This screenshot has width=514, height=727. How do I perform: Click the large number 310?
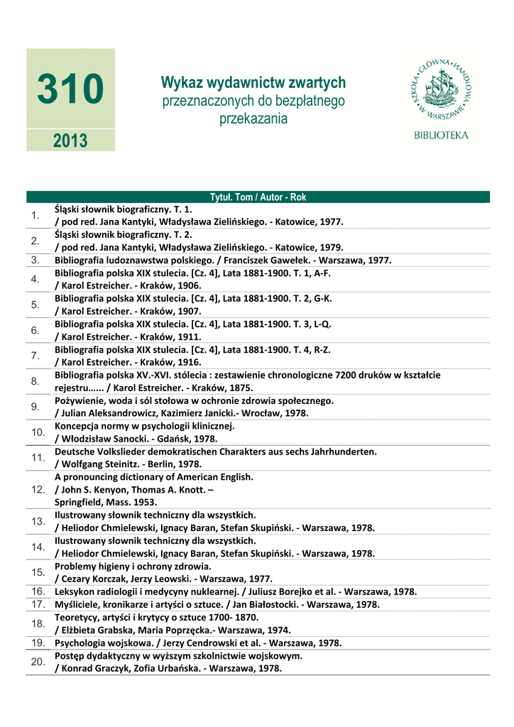point(70,90)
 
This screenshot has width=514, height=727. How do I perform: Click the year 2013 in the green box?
point(70,140)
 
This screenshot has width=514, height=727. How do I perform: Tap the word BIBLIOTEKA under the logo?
point(441,134)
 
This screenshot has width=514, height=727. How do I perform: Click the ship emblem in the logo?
point(441,89)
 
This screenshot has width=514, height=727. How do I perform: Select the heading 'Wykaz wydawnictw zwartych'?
point(253,83)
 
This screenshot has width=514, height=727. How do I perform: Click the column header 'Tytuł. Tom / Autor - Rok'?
point(258,197)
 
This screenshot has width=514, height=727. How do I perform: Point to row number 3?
point(35,261)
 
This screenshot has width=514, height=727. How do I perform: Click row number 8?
point(35,381)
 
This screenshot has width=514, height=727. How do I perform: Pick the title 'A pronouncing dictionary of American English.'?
point(153,477)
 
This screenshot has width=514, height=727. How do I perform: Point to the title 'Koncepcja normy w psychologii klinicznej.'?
point(144,426)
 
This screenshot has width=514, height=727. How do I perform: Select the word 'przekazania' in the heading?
point(253,119)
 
